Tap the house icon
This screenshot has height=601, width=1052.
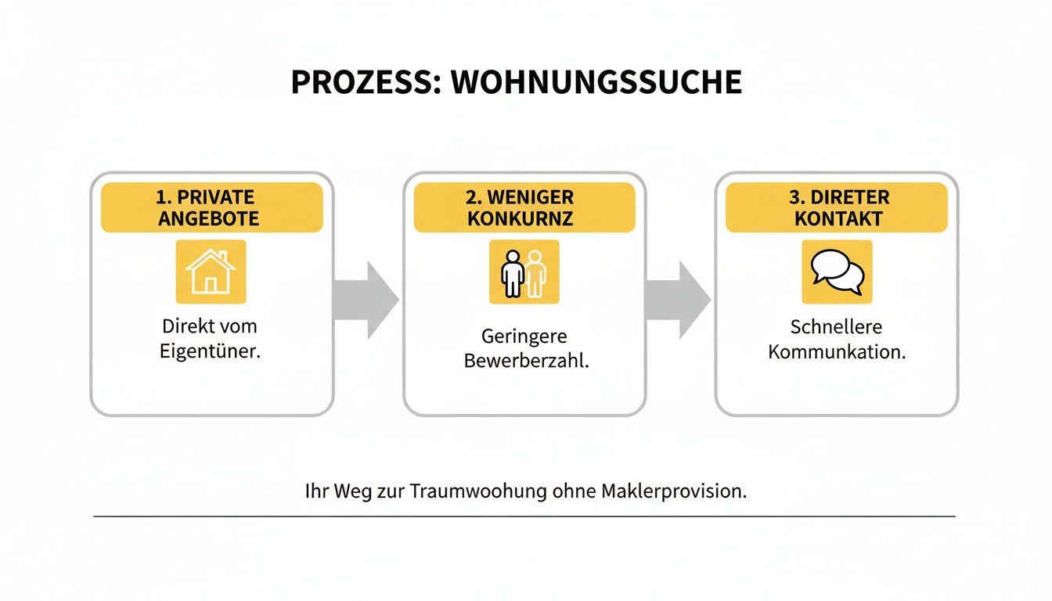coord(211,272)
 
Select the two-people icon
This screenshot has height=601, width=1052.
coord(524,272)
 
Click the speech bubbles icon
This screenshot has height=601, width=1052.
coord(837,272)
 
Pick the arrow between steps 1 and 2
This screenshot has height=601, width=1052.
coord(366,300)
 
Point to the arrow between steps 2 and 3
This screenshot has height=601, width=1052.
coord(678,300)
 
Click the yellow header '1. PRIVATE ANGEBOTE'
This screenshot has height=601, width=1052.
coord(211,207)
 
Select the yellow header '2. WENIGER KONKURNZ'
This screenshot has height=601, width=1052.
coord(524,207)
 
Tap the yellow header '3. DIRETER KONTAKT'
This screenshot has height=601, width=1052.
coord(837,207)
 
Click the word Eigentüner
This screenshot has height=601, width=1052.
coord(210,351)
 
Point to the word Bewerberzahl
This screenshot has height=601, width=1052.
coord(526,362)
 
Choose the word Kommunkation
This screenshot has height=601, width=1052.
coord(837,351)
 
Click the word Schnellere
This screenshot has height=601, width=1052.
coord(836,326)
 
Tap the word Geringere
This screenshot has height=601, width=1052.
coord(524,336)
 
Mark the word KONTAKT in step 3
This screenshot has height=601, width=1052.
coord(837,218)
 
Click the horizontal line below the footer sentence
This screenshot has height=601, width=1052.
coord(524,516)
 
